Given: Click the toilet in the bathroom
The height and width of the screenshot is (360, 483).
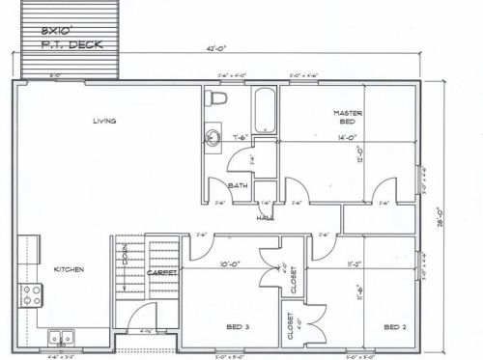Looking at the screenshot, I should click(x=216, y=98).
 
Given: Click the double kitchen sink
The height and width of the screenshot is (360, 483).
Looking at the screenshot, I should click(x=62, y=337).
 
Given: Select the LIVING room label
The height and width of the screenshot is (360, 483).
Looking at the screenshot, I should click(x=104, y=121).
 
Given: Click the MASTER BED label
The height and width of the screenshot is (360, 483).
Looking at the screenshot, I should click(x=348, y=118).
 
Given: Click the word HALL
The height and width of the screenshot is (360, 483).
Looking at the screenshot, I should click(x=264, y=217).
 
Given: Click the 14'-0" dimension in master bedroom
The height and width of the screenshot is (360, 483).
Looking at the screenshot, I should click(x=348, y=138).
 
